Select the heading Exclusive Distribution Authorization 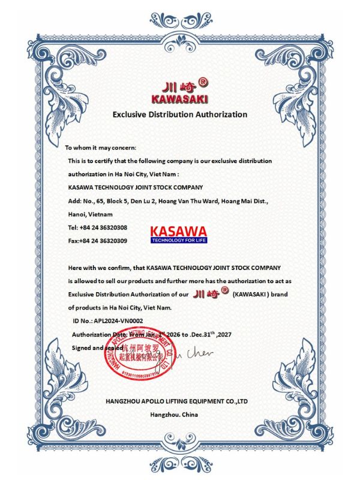click(180, 114)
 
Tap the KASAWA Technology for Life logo click(178, 235)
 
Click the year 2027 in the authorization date click(239, 334)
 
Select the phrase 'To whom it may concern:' click(100, 148)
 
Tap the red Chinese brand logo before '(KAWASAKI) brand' click(211, 294)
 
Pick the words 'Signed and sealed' click(96, 347)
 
